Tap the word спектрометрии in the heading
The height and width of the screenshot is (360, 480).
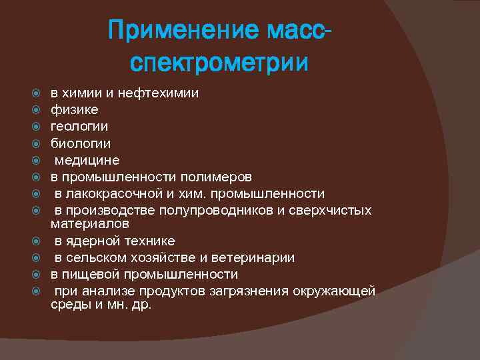coord(219,63)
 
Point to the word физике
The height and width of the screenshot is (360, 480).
coord(75,109)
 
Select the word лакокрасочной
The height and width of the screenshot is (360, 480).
coord(108,193)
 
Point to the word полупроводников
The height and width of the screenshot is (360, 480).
coord(231,210)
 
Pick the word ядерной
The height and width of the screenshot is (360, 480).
coord(92,241)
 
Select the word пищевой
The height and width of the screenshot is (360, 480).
coord(89,274)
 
